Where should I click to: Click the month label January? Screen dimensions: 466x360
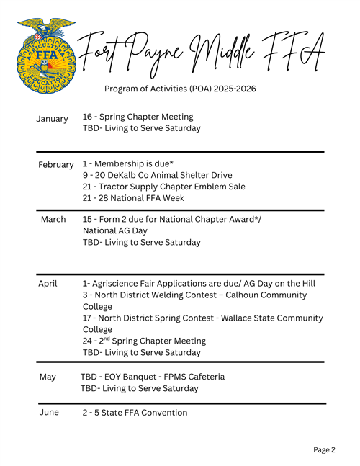pyautogui.click(x=52, y=119)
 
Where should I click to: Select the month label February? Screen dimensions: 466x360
pyautogui.click(x=56, y=165)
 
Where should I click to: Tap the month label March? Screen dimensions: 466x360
pyautogui.click(x=53, y=219)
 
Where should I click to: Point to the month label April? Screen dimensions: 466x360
pyautogui.click(x=48, y=284)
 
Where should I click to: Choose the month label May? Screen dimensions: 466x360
pyautogui.click(x=48, y=377)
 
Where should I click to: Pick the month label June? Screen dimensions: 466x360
pyautogui.click(x=49, y=413)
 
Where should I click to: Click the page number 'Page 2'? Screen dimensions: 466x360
pyautogui.click(x=324, y=450)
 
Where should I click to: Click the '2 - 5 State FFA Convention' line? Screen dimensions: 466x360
pyautogui.click(x=135, y=413)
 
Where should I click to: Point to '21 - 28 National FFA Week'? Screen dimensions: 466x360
pyautogui.click(x=133, y=198)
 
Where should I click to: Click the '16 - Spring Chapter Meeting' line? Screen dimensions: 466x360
pyautogui.click(x=138, y=117)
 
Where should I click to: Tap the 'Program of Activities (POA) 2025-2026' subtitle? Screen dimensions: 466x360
pyautogui.click(x=180, y=89)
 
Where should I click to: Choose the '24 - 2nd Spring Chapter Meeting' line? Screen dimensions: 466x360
pyautogui.click(x=144, y=341)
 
